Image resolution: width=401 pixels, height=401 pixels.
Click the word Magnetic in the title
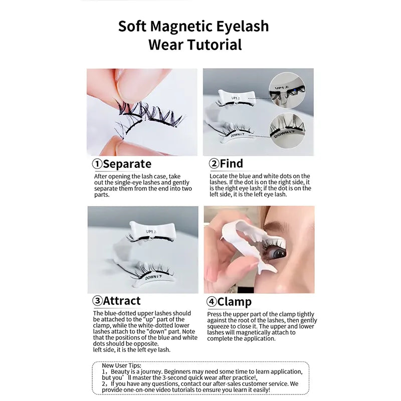coord(181,27)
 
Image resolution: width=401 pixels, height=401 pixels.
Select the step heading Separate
coord(127,164)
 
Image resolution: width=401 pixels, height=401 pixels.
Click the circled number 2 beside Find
coord(214,163)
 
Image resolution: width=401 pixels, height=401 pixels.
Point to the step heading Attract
coord(122,301)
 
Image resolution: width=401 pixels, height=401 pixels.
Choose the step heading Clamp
coord(234,302)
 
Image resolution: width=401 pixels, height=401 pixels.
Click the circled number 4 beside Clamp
coord(212,302)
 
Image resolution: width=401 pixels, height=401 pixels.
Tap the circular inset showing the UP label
coord(287,90)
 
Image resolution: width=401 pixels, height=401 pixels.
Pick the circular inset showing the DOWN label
coord(287,131)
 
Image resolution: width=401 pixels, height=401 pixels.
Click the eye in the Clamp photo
coord(275,254)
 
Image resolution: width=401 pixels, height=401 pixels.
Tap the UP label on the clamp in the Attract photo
coord(151,232)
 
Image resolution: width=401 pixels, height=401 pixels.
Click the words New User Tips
coord(121,365)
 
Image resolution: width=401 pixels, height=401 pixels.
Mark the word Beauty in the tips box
coord(120,371)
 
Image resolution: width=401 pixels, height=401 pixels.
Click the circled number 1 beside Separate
coord(97,164)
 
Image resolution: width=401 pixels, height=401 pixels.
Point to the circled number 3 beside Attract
coord(97,301)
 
